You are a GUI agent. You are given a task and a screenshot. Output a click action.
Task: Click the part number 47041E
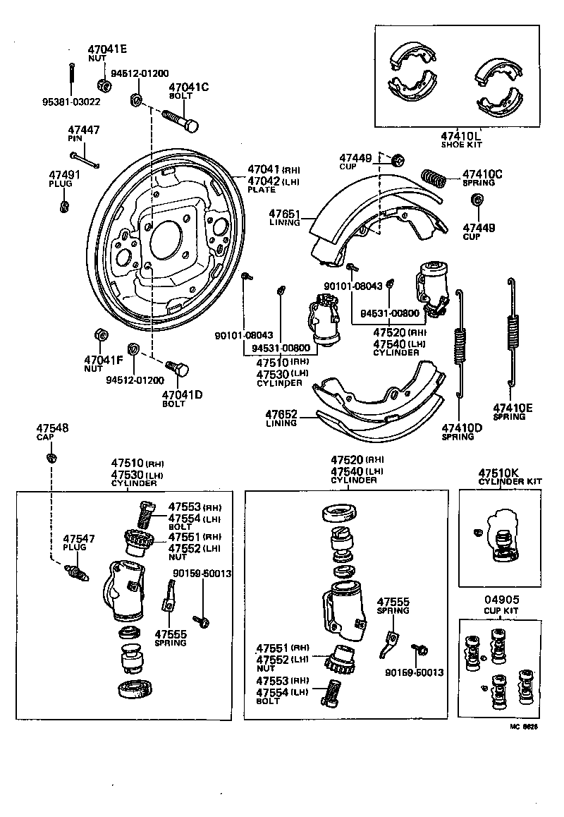107,49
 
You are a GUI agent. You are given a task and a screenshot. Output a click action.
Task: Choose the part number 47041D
182,394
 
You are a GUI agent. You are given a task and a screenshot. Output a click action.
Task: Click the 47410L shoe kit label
461,135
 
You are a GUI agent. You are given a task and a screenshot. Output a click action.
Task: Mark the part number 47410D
462,428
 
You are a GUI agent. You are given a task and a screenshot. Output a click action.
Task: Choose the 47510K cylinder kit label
500,472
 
